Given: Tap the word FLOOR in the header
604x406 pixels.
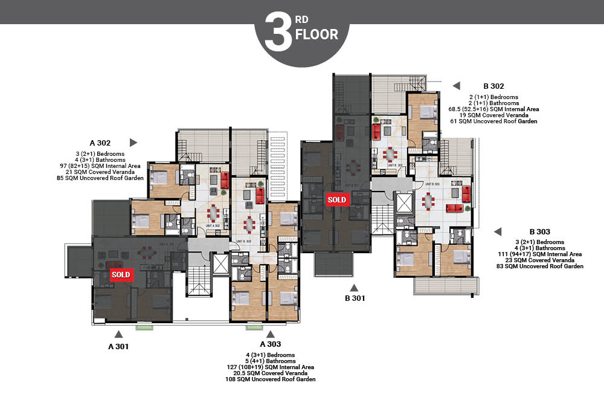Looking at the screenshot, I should [316, 34].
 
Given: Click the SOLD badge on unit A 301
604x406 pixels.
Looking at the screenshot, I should [120, 274].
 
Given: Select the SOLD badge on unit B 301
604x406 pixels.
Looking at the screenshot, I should [336, 199].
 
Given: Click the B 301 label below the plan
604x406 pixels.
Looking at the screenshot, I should [355, 298].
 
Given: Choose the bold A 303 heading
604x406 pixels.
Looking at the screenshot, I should [271, 344].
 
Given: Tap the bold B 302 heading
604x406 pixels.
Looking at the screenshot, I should [493, 86].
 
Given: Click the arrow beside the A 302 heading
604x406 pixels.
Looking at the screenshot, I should [133, 143].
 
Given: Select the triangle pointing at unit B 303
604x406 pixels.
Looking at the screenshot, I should [498, 231].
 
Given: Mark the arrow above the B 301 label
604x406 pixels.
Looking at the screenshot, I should [355, 287].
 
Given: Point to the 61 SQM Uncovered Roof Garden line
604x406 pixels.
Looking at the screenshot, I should [493, 121].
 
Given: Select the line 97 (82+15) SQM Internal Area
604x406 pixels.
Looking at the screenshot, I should [100, 166].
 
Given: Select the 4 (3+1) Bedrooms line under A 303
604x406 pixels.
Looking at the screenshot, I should [270, 355].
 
